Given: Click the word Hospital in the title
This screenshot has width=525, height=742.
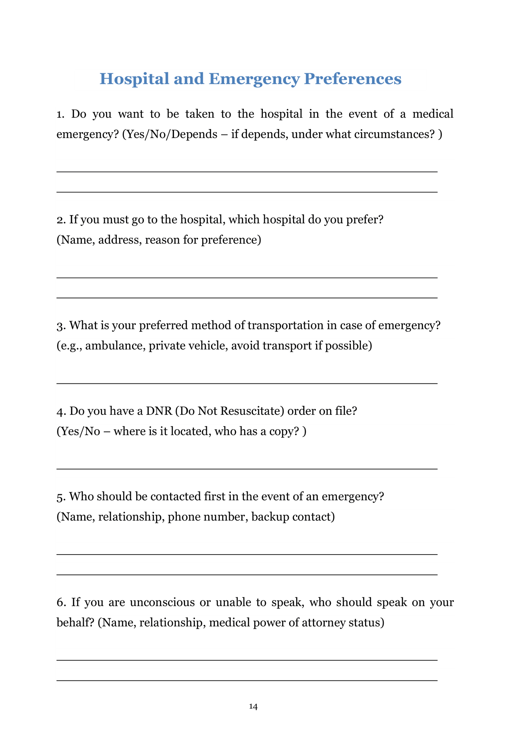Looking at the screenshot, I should point(134,79).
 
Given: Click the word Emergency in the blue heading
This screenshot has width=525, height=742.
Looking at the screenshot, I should point(254,79).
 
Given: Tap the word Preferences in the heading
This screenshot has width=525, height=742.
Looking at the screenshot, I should point(352,79).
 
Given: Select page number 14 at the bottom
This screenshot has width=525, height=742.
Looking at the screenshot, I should point(253,706).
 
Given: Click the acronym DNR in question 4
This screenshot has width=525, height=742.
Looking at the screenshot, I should point(159,411).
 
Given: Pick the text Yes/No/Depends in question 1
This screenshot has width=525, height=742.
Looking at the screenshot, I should point(170,134).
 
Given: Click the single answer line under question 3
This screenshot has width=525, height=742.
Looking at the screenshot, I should point(247,383).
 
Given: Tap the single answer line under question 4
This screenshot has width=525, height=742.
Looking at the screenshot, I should point(247,468).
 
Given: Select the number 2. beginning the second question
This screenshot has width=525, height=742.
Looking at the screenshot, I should point(61,220).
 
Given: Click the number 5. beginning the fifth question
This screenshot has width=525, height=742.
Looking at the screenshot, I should point(61,496).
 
